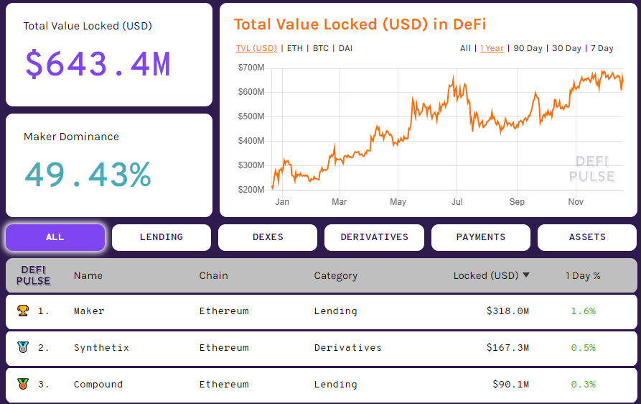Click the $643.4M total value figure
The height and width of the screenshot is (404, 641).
98,63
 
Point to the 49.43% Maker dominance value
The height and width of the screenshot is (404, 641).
88,174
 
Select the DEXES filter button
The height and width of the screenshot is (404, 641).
268,237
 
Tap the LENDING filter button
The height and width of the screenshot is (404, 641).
162,237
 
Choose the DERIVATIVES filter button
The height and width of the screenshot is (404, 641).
374,237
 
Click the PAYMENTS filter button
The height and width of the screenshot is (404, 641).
480,237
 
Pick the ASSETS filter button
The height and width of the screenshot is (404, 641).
586,237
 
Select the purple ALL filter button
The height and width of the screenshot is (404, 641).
55,237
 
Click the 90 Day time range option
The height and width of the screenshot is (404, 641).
528,48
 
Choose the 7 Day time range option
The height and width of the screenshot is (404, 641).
602,48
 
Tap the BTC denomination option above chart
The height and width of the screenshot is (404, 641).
321,48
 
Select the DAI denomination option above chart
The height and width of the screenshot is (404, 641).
345,48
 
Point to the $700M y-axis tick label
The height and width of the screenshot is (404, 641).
251,68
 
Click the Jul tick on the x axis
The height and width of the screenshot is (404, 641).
457,202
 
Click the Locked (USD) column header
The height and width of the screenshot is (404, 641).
486,275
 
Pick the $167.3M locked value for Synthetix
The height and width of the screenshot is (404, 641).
507,348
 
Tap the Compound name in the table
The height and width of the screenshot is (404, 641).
98,385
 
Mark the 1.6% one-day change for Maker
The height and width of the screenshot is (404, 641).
583,311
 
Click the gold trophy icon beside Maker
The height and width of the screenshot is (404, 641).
23,311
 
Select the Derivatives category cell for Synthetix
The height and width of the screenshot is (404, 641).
347,348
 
